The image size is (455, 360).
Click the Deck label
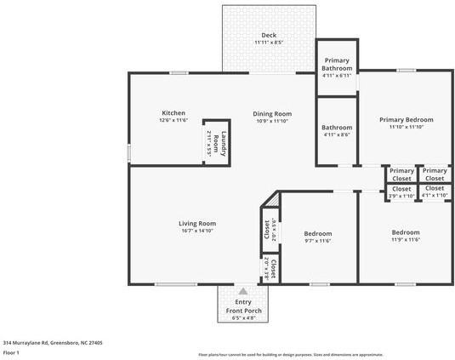coord(269,35)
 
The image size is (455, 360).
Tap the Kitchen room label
coord(173,113)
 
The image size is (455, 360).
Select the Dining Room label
coord(272,113)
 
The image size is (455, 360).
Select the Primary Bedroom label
coord(406,120)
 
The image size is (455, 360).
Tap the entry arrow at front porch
coord(243,291)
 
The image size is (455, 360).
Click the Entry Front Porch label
coord(243,306)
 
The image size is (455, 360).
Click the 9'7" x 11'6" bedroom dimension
coord(317,241)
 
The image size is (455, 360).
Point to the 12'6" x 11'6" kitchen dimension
coord(173,121)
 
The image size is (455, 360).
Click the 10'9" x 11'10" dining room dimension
coord(272,121)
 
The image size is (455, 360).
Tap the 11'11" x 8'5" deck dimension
coord(269,43)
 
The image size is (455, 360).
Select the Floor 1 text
coord(11,351)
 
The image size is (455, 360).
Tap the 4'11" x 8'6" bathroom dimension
coord(337,135)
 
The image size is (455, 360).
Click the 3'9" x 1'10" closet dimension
coord(401,196)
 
